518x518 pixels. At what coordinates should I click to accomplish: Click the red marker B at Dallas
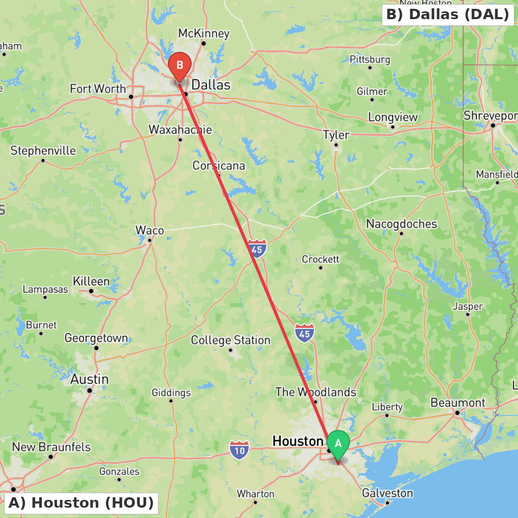pos(180,66)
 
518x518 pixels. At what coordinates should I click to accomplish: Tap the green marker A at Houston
pos(338,444)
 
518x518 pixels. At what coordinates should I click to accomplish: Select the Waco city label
pos(150,230)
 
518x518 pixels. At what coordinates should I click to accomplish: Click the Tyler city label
pos(336,135)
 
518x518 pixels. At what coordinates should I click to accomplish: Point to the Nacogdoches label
pos(401,224)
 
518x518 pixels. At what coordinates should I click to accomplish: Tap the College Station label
pos(231,340)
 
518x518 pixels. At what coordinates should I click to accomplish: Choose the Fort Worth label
pos(98,89)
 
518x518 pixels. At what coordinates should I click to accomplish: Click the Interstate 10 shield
pos(239,450)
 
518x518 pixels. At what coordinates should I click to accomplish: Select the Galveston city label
pos(387,493)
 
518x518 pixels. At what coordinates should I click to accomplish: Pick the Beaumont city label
pos(458,402)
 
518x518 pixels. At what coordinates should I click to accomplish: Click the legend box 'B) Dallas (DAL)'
pos(448,15)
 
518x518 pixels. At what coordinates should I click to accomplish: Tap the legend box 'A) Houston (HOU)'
pos(81,502)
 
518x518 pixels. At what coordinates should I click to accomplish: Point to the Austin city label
pos(90,379)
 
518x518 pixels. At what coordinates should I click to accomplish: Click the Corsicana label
pos(219,166)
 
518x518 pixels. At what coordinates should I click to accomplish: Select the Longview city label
pos(393,117)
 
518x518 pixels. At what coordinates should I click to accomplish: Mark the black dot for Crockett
pos(321,268)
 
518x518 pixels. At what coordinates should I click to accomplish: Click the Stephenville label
pos(43,151)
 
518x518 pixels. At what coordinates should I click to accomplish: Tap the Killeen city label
pos(91,281)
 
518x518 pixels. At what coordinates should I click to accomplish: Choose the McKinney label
pos(204,33)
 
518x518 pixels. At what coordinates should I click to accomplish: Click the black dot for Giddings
pos(171,400)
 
